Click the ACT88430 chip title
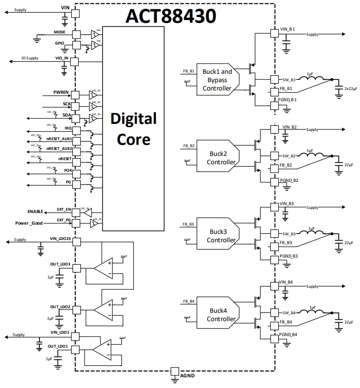[170, 16]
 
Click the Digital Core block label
[133, 129]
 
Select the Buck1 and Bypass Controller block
[216, 80]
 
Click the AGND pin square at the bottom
[175, 371]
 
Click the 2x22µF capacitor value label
[349, 88]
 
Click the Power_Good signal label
[29, 223]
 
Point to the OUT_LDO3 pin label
[60, 264]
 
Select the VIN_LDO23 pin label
[60, 239]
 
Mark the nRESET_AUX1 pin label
[59, 139]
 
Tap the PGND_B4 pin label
[288, 334]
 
